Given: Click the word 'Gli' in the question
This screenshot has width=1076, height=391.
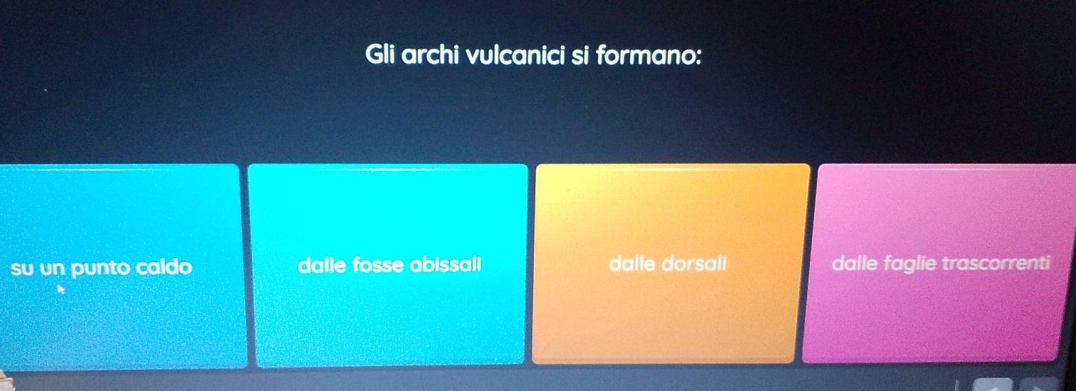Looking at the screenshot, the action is coord(380,54).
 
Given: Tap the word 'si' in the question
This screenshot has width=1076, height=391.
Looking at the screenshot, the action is coord(580,55).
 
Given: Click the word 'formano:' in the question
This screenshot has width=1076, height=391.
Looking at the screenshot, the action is coord(648,55).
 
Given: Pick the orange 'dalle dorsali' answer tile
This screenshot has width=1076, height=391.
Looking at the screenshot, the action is coord(670,263).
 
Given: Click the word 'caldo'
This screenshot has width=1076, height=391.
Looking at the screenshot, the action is coord(163,266).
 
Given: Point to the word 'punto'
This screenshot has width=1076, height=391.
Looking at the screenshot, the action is coord(101,268).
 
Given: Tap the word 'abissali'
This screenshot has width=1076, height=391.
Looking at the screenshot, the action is coord(445,264).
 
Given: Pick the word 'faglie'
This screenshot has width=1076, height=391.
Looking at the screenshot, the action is coord(910,264).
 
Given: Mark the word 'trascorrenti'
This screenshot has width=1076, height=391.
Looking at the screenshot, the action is coord(996,263).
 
